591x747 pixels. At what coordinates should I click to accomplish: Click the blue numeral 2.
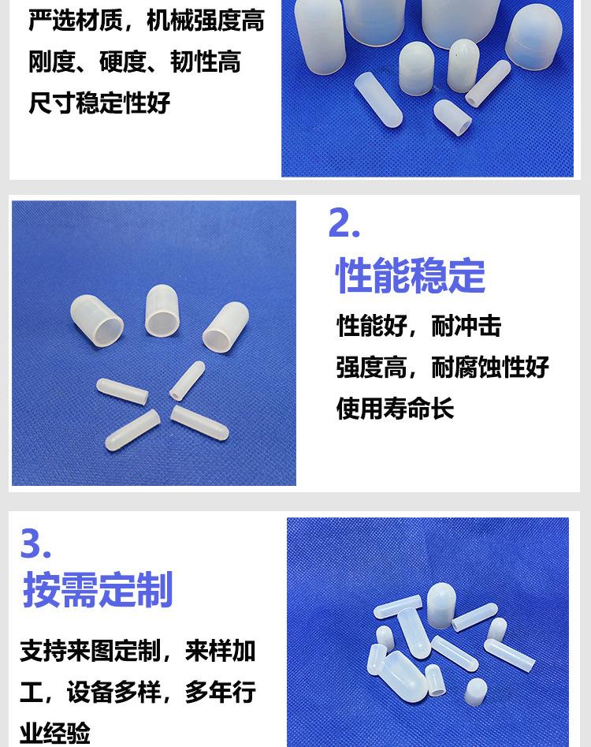click(344, 223)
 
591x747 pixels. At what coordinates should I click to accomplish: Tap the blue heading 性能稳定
click(411, 275)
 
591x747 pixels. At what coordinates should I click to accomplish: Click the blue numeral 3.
click(35, 543)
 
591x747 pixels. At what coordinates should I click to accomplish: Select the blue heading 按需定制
click(98, 590)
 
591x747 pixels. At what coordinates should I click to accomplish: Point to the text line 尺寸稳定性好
click(99, 103)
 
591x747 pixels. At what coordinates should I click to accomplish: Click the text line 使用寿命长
click(395, 409)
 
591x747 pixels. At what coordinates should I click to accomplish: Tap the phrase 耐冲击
click(466, 326)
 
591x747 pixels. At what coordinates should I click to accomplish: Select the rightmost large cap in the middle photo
click(225, 326)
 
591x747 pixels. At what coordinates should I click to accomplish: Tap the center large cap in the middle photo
click(162, 309)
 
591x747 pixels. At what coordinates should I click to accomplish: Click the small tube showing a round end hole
click(187, 379)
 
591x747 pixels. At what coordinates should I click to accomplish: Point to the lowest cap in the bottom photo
click(475, 692)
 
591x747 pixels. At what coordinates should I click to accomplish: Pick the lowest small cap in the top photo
click(452, 117)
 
